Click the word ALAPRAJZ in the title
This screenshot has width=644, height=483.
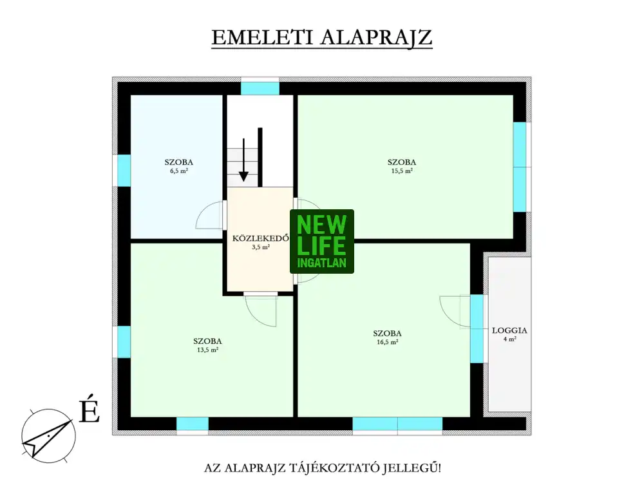click(376, 37)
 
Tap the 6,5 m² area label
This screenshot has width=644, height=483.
click(178, 171)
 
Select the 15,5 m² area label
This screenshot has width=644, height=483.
click(402, 171)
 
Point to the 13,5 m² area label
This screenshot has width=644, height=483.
click(207, 350)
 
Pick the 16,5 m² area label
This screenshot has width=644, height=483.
click(387, 342)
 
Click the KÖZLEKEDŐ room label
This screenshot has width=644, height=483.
click(260, 238)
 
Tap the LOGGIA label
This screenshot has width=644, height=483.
click(509, 330)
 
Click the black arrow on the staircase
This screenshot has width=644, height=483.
click(243, 160)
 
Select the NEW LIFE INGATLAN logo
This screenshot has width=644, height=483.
click(322, 241)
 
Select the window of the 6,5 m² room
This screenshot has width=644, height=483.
click(124, 171)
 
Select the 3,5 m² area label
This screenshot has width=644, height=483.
click(261, 247)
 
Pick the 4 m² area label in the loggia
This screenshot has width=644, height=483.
click(509, 339)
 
